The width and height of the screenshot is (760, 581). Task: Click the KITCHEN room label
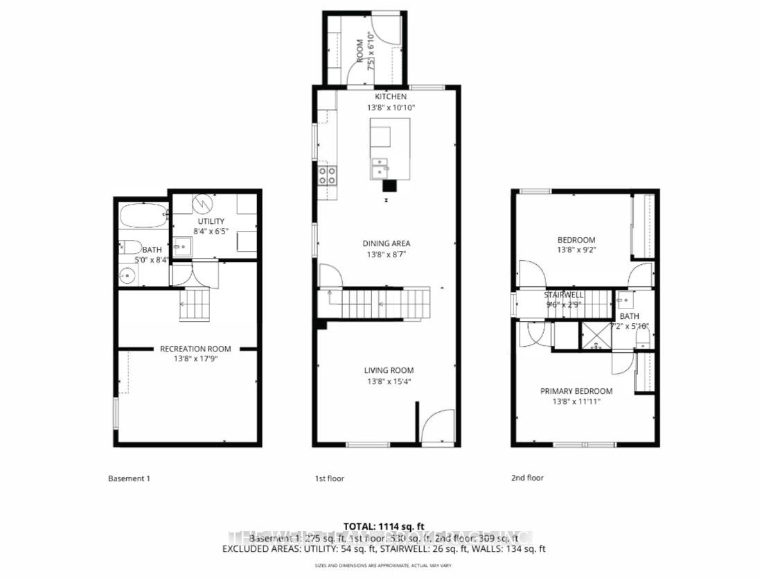click(391, 96)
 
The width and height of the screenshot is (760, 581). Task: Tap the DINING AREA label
click(386, 243)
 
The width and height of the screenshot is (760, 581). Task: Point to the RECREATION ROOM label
click(195, 349)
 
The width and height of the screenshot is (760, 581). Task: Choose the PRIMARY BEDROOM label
click(576, 391)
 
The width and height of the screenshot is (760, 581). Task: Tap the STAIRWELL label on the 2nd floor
click(564, 295)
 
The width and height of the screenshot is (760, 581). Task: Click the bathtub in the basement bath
click(143, 216)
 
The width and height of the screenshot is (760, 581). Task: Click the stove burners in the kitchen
click(327, 175)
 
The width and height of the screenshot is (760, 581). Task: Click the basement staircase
click(193, 305)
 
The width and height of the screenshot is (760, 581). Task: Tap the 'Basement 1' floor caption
click(129, 478)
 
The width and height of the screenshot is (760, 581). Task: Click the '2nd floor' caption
click(527, 478)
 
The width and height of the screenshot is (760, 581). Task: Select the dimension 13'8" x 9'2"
click(576, 250)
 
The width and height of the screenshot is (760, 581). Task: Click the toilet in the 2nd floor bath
click(642, 338)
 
